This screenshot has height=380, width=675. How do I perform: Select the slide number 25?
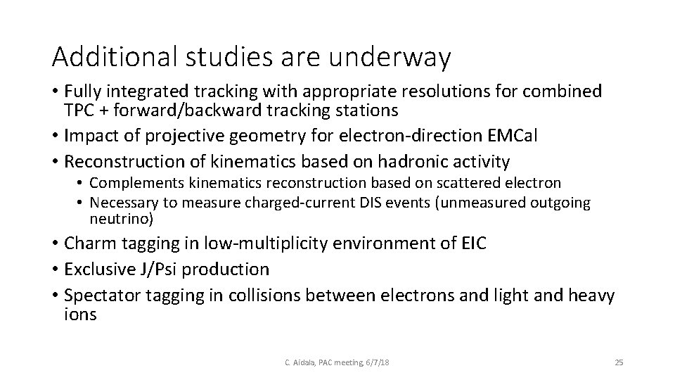[619, 362]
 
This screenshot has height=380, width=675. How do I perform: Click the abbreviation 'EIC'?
[470, 243]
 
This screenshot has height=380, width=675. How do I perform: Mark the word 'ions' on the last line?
[79, 314]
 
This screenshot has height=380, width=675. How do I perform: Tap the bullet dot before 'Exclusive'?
[55, 269]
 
